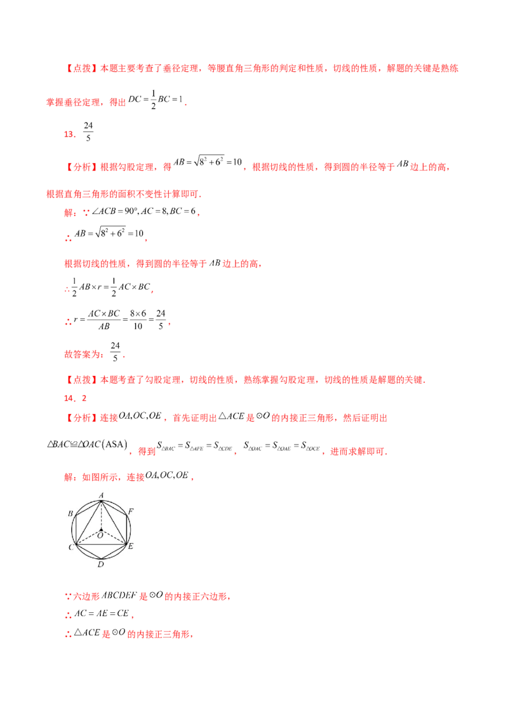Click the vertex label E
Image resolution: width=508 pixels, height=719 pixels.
(131, 546)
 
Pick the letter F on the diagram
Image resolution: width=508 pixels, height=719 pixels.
(131, 511)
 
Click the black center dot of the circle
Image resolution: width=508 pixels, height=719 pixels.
(102, 529)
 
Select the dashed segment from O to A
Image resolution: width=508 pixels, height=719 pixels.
(102, 514)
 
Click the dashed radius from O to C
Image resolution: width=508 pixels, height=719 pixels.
(88, 537)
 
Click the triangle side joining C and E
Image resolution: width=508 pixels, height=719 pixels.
(102, 544)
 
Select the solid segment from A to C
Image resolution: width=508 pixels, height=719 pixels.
(88, 522)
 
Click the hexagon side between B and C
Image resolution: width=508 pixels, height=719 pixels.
(76, 529)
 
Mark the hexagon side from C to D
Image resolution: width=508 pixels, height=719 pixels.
(88, 551)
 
